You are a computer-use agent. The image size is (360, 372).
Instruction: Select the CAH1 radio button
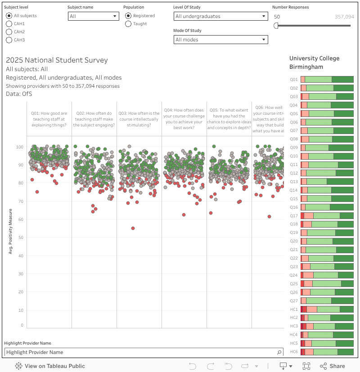pyautogui.click(x=9, y=24)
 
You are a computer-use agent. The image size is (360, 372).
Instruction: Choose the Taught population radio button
pyautogui.click(x=129, y=24)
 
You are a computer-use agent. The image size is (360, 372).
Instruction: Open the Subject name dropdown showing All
pyautogui.click(x=93, y=16)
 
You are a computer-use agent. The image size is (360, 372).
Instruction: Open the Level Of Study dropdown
pyautogui.click(x=220, y=16)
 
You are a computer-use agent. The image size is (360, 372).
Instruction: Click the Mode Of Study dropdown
pyautogui.click(x=220, y=40)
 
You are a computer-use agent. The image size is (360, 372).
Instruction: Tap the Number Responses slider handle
pyautogui.click(x=276, y=26)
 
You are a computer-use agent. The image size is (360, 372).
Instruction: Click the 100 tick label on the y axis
pyautogui.click(x=19, y=147)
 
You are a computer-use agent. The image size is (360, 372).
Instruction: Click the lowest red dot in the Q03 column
pyautogui.click(x=133, y=228)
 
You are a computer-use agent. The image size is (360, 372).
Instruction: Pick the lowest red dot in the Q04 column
pyautogui.click(x=184, y=215)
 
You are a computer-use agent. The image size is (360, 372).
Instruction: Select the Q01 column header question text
pyautogui.click(x=49, y=119)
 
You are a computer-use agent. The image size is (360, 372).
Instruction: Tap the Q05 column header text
pyautogui.click(x=229, y=119)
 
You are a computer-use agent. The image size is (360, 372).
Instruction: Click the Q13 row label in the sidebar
pyautogui.click(x=294, y=182)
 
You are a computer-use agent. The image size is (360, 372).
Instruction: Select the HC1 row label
pyautogui.click(x=294, y=309)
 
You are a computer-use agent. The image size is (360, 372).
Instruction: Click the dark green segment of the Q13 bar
pyautogui.click(x=340, y=182)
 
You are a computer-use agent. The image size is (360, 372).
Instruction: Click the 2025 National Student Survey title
pyautogui.click(x=57, y=60)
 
